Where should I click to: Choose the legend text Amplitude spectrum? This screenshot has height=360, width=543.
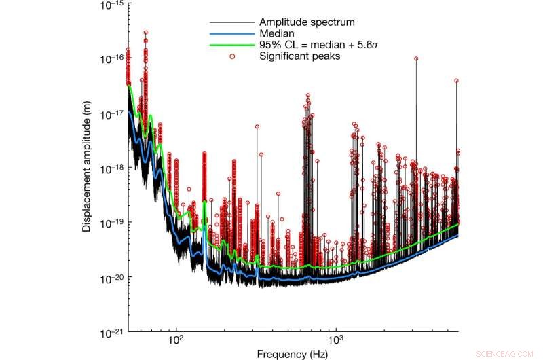click(x=301, y=22)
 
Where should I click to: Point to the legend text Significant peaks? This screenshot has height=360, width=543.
click(x=299, y=56)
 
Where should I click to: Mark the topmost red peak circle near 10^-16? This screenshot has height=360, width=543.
click(x=146, y=32)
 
